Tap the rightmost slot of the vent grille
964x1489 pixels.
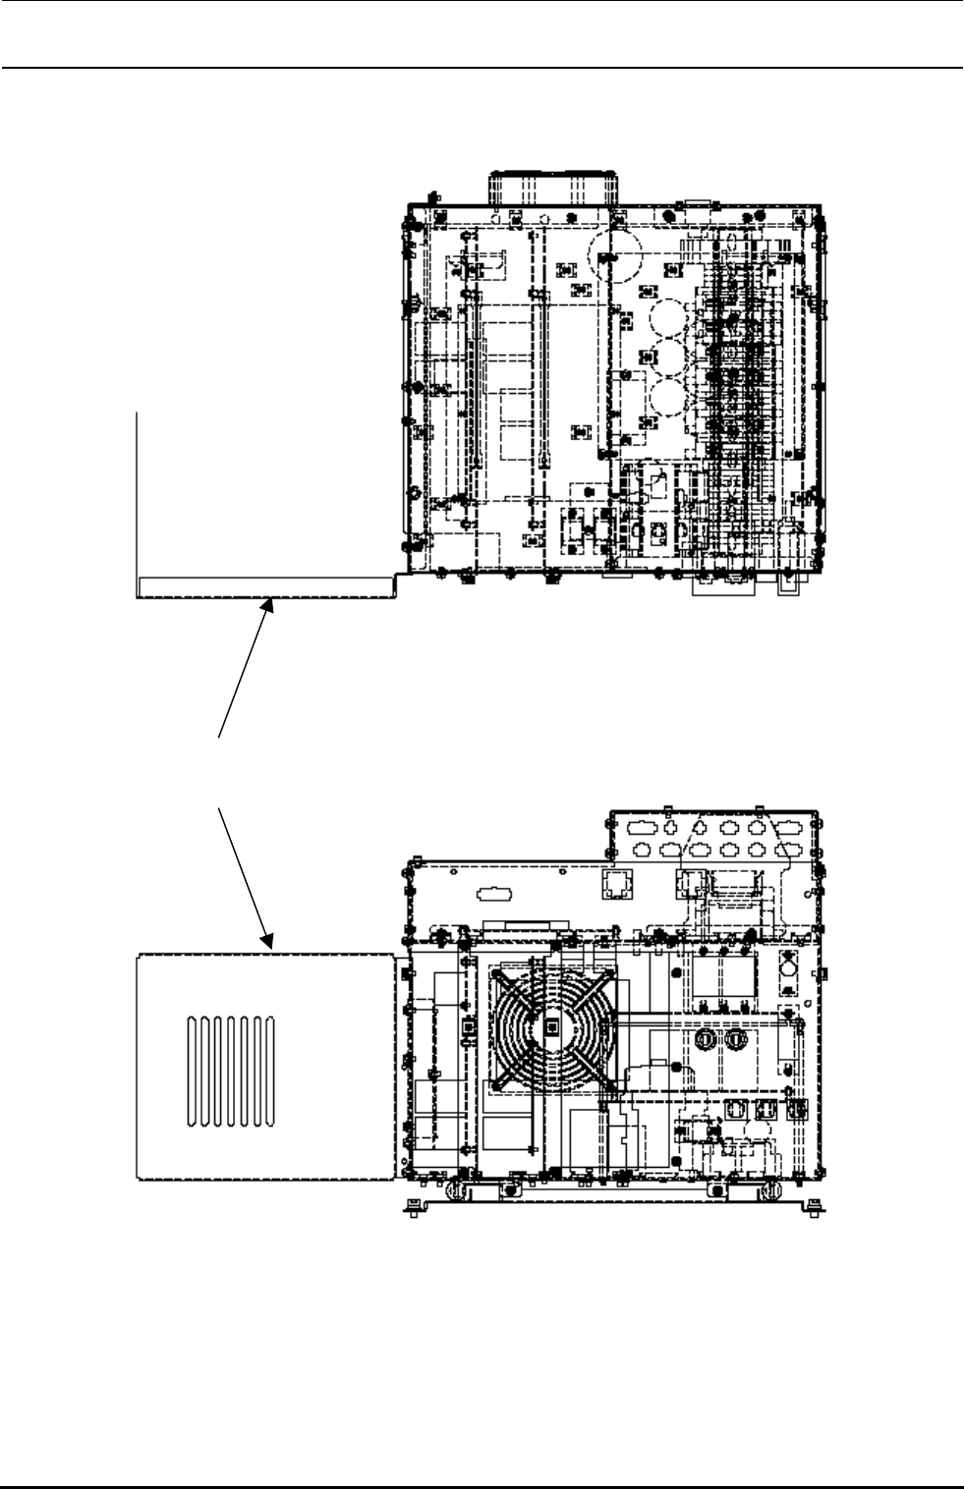tap(269, 1072)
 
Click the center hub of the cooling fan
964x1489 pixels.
tap(551, 1026)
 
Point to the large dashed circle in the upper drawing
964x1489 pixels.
tap(615, 254)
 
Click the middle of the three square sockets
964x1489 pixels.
tap(764, 1110)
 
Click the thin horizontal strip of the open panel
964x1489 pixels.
tap(265, 586)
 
